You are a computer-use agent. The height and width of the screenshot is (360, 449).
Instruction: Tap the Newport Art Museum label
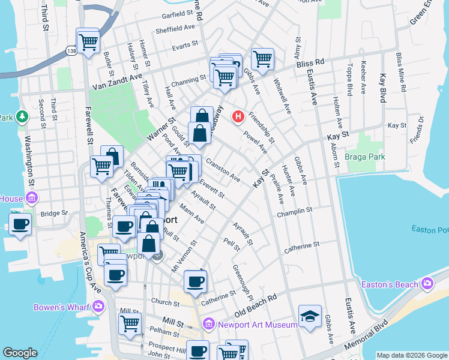[x=257, y=325]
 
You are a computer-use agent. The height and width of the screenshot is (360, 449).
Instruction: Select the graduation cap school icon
[x=310, y=316]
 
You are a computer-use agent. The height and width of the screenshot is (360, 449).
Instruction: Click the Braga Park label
[x=364, y=157]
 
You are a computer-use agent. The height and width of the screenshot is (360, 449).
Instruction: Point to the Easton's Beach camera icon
[x=427, y=283]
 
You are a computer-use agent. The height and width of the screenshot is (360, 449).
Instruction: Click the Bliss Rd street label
[x=310, y=63]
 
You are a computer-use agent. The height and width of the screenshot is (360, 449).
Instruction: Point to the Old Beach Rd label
[x=256, y=305]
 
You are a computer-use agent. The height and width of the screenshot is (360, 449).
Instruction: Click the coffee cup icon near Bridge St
[x=21, y=224]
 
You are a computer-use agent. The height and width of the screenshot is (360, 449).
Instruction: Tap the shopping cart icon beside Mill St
[x=130, y=324]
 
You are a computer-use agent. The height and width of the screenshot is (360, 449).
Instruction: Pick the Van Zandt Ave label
[x=117, y=82]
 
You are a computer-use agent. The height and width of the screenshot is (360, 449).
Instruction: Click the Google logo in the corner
[x=20, y=353]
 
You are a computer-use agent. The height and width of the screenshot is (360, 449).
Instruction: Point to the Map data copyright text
[x=412, y=355]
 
